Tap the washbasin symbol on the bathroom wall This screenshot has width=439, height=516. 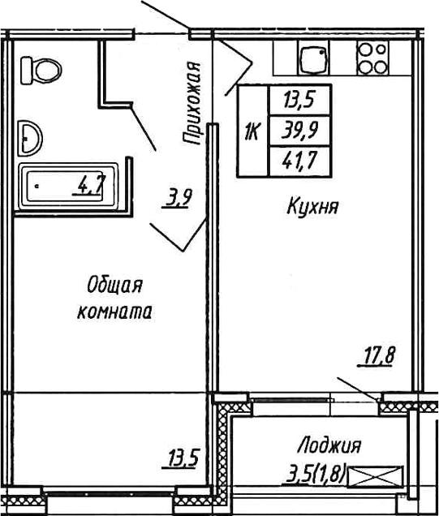pyautogui.click(x=31, y=137)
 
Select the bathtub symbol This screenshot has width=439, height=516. pyautogui.click(x=68, y=188)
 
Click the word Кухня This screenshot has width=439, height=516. pyautogui.click(x=312, y=208)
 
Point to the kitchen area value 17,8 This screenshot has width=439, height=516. pyautogui.click(x=377, y=355)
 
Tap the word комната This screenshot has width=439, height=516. pyautogui.click(x=114, y=311)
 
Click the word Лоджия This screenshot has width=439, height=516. pyautogui.click(x=329, y=445)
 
